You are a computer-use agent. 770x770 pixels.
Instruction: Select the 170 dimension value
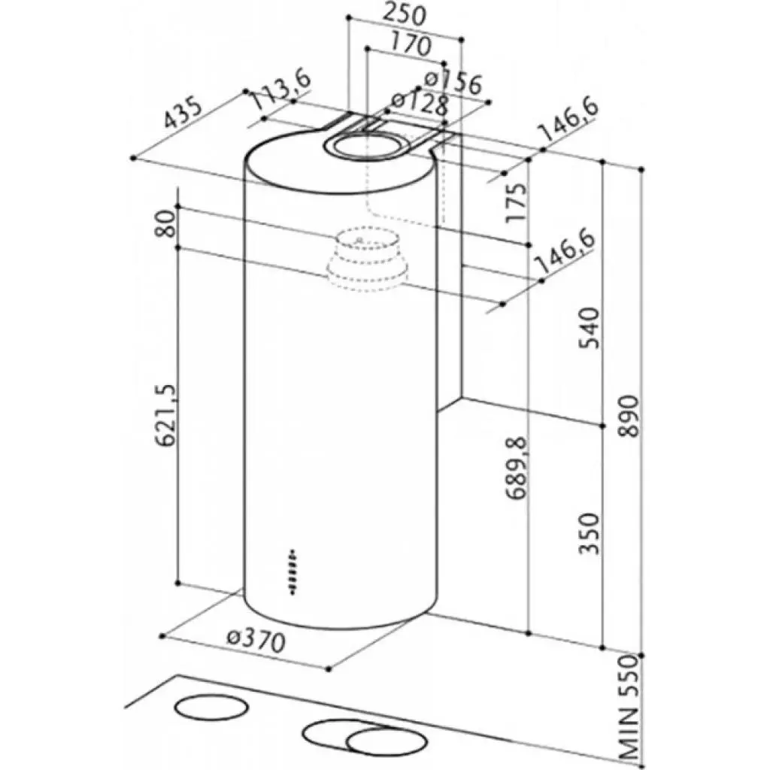point(410,46)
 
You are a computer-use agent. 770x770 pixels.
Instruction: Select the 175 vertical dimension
point(516,202)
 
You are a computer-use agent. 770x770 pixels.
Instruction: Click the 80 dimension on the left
point(167,223)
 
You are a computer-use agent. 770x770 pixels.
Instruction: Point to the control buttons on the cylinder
point(293,573)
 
